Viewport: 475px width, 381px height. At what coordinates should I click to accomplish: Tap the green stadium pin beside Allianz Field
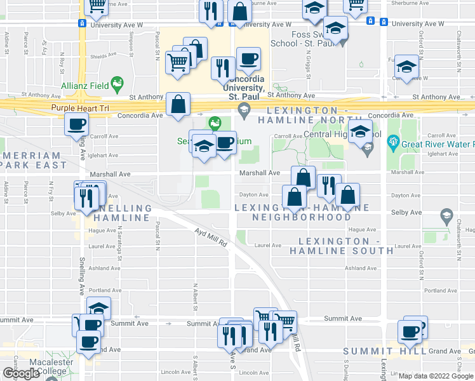coord(116,83)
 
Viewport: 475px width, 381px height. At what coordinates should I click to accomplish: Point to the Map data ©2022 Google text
coord(436,376)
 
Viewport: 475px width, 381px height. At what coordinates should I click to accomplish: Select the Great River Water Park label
coord(436,144)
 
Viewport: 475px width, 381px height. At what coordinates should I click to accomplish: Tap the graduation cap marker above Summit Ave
coord(98,308)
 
